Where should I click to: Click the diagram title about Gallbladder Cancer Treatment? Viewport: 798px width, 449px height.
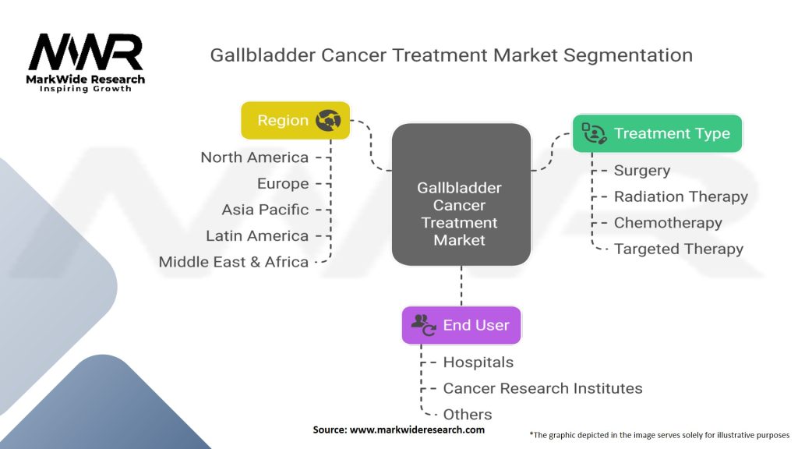coord(451,55)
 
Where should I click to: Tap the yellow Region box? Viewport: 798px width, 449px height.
coord(295,120)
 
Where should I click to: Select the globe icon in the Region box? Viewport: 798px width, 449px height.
coord(328,120)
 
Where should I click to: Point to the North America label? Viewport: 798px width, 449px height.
coord(254,157)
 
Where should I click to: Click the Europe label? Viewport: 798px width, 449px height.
coord(283,184)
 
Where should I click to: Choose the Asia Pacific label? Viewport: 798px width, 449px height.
coord(265,210)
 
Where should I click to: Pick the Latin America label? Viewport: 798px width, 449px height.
coord(257,235)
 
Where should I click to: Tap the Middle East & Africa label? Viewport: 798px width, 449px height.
coord(233,262)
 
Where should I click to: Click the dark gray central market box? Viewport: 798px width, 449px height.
coord(460,193)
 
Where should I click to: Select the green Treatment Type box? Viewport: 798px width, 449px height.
coord(657,133)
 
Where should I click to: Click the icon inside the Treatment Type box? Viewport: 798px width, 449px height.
coord(594,133)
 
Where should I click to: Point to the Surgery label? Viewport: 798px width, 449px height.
coord(641,170)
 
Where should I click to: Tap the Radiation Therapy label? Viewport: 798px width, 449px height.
coord(680,196)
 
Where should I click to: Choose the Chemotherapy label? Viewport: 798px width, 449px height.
coord(668,223)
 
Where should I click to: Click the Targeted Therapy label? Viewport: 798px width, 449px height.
coord(678,249)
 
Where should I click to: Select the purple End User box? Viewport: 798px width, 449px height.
coord(461,325)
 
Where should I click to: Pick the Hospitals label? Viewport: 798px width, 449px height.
coord(478,362)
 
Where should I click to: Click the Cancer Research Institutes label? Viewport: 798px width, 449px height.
coord(542,388)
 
